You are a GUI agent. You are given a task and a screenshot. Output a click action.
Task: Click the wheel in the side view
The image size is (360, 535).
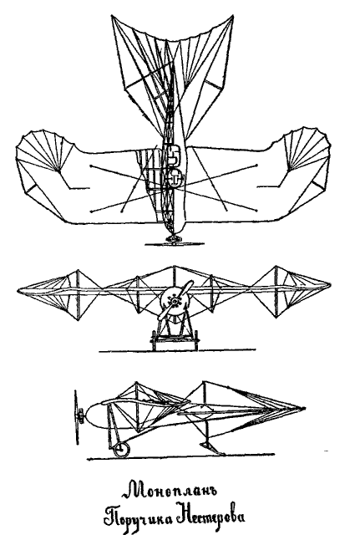click(x=121, y=450)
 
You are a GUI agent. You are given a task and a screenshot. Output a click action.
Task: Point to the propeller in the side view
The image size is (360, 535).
click(x=77, y=418)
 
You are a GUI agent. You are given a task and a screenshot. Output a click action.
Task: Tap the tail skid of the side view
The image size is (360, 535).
click(x=212, y=448)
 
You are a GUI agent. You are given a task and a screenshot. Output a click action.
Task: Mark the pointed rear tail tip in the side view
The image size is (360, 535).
click(x=303, y=409)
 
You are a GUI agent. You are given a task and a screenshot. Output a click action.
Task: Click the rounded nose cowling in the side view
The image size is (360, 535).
click(x=94, y=415)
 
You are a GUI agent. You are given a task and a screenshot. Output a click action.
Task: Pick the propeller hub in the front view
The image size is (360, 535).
click(x=175, y=301)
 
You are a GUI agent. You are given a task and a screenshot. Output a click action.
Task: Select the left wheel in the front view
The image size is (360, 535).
click(x=153, y=339)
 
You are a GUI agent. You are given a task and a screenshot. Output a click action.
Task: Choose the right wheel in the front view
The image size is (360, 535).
click(x=196, y=339)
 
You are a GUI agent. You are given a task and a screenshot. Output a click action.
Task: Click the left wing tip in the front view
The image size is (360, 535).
click(x=19, y=290)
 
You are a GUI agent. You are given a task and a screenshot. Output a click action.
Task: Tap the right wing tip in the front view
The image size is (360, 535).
click(x=328, y=285)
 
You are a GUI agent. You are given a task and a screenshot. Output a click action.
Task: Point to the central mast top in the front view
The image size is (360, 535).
click(x=174, y=267)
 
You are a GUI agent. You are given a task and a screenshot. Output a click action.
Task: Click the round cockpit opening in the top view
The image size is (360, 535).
click(x=175, y=177)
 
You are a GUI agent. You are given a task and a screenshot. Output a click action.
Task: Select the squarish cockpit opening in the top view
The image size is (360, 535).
click(x=174, y=154)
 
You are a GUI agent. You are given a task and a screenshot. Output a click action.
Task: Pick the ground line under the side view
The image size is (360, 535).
click(x=180, y=456)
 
